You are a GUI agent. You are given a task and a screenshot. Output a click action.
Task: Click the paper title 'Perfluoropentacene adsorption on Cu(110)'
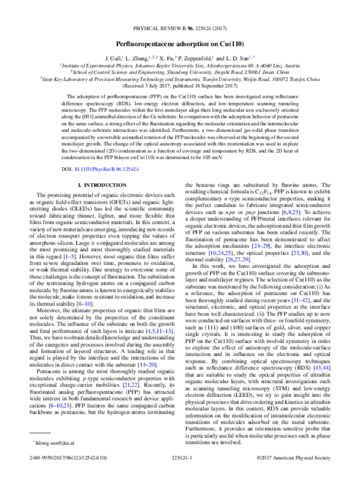click(180, 44)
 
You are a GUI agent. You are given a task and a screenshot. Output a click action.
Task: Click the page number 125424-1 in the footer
click(179, 472)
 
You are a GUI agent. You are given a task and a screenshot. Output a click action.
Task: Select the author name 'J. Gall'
click(113, 58)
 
